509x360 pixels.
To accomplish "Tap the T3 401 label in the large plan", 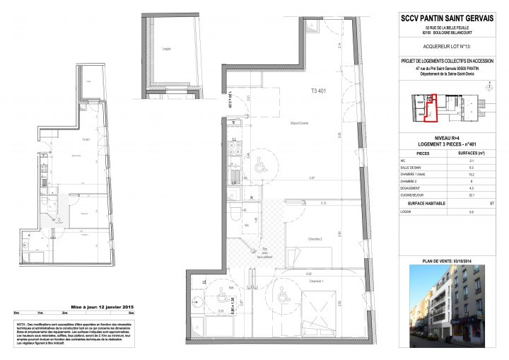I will (319, 91).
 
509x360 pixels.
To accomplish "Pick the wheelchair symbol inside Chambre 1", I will (284, 296).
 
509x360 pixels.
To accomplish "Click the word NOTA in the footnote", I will (21, 323).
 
